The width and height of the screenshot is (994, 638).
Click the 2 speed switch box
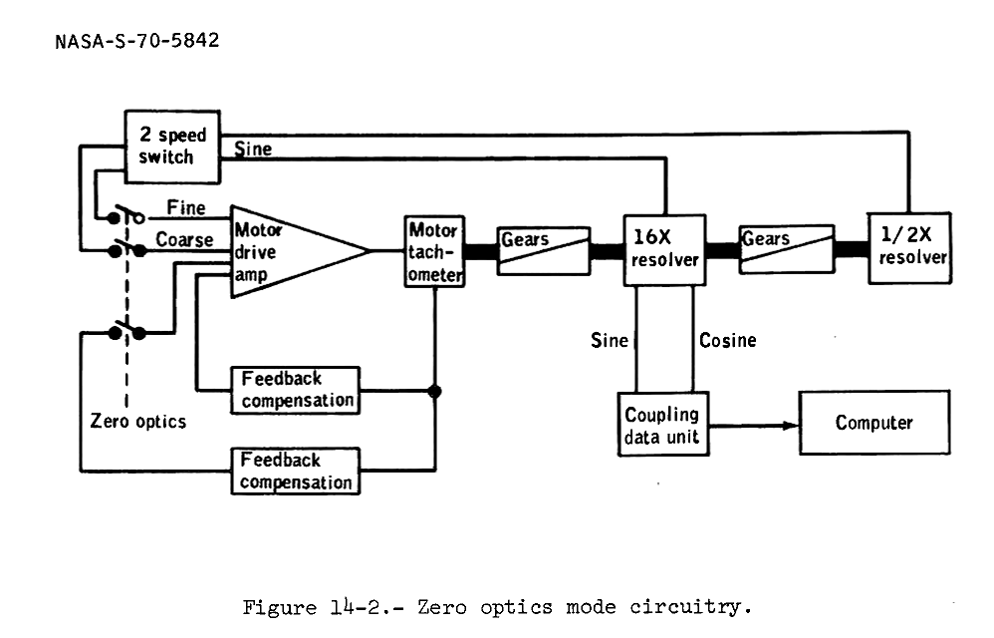pos(171,147)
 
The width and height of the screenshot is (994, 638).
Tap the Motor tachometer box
pos(434,251)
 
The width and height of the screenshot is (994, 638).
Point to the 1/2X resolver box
pos(908,247)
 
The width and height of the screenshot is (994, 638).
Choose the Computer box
pos(873,423)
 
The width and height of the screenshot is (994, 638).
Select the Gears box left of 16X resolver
pos(541,247)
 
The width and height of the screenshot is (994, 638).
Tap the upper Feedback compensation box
pos(297,390)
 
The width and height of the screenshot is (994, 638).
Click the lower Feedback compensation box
pos(297,472)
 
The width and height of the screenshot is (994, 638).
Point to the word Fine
pos(186,208)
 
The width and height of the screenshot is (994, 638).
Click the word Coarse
pos(184,240)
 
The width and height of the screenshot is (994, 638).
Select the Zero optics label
pos(137,421)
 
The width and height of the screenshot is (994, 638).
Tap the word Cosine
pos(727,341)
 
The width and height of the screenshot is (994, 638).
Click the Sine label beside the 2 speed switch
pos(252,150)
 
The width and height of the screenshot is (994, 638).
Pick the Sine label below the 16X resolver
pos(610,341)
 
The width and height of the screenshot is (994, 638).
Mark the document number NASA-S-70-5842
pos(136,41)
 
